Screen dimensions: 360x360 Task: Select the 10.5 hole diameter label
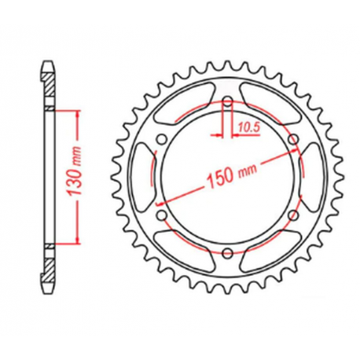pos(248,123)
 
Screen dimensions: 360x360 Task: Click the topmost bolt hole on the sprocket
pos(228,103)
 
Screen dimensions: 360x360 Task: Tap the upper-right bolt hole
pos(292,141)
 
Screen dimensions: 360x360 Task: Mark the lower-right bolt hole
pos(292,215)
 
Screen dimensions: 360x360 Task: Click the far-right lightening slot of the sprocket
pos(313,178)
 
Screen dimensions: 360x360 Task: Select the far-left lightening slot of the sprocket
pos(142,178)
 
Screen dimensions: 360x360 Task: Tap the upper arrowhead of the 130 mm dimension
pos(78,115)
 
